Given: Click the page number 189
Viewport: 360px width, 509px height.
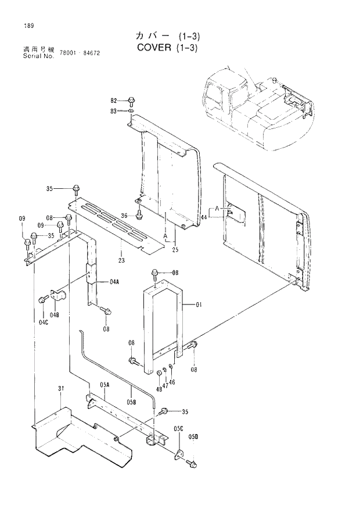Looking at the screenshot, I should click(28, 26).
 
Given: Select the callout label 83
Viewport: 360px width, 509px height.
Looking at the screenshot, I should click(114, 110).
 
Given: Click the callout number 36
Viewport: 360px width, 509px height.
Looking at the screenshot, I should click(124, 216).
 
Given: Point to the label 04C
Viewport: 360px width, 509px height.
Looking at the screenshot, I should click(43, 321).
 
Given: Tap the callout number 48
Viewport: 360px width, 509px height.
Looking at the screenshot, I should click(159, 389).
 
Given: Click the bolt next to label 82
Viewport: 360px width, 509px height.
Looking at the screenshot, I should click(131, 101).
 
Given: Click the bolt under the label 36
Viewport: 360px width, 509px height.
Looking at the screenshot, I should click(138, 216).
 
